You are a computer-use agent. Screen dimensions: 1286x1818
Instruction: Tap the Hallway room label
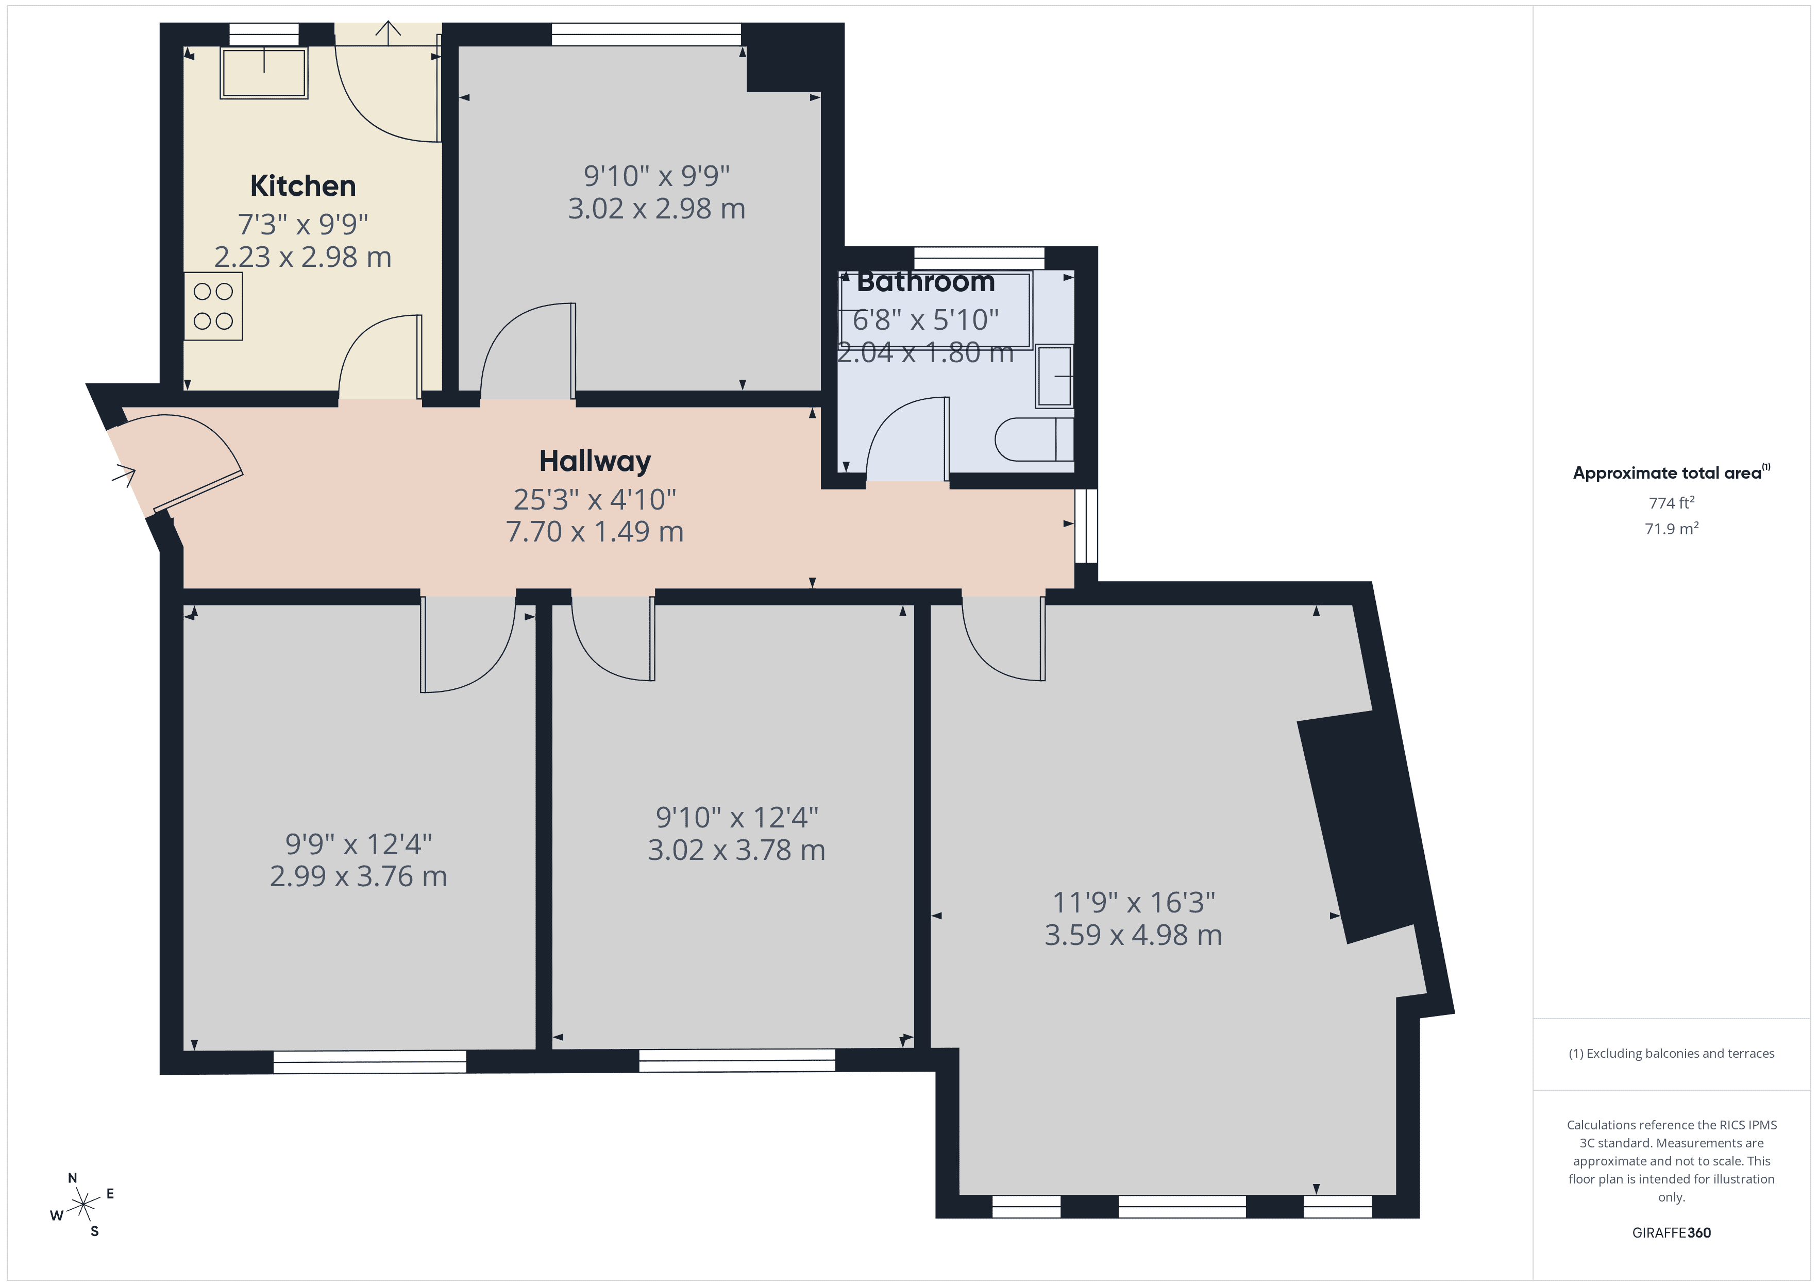tap(595, 461)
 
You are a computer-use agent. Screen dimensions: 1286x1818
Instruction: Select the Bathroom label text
tap(925, 281)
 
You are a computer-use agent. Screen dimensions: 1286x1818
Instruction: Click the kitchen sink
tap(264, 73)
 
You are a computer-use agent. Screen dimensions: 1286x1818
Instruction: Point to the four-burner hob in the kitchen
tap(213, 307)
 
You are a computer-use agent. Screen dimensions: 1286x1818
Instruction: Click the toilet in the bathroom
tap(1033, 439)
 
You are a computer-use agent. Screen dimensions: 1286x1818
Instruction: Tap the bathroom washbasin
tap(1054, 376)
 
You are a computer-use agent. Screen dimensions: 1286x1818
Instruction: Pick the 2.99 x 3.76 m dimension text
tap(358, 876)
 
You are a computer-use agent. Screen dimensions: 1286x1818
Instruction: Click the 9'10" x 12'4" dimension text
tap(736, 817)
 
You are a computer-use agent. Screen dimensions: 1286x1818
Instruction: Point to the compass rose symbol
tap(82, 1205)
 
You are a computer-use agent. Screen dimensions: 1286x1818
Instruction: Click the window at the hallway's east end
tap(1086, 526)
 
